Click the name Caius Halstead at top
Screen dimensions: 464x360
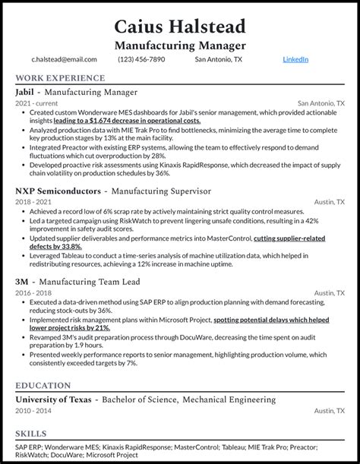pos(180,27)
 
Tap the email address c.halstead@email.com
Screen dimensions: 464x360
pos(64,59)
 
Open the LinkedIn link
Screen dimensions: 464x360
pos(295,59)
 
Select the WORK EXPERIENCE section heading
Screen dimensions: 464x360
pos(59,77)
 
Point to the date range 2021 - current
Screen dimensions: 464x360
pos(36,103)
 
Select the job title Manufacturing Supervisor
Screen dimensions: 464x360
pos(159,191)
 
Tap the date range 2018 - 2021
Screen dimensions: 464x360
pos(33,201)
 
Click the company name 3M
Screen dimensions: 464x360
pos(23,280)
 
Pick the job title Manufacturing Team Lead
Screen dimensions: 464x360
pos(95,280)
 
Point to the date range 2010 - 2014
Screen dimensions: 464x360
pos(33,410)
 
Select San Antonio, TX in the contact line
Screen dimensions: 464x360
pos(219,59)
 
